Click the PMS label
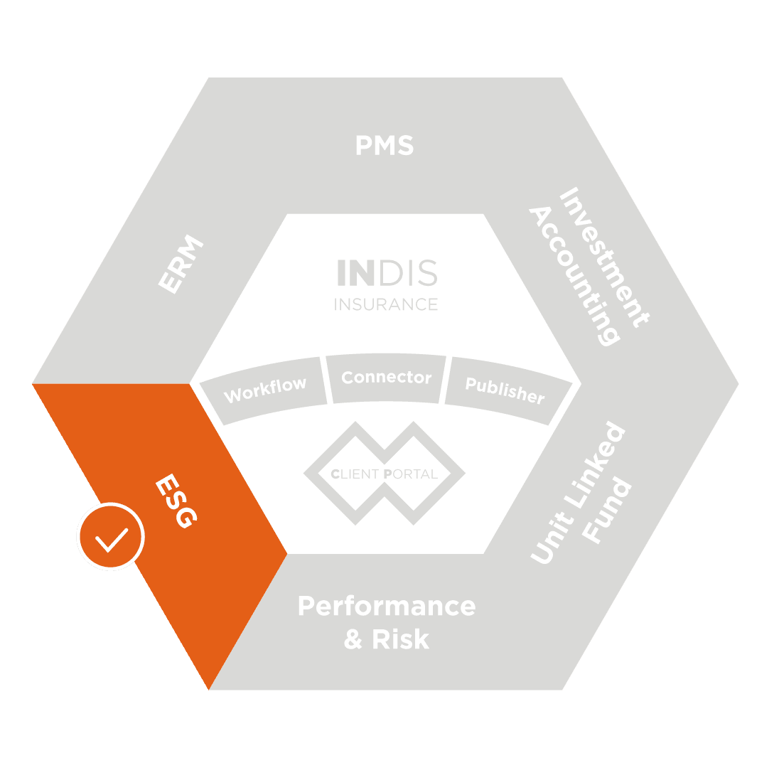point(385,145)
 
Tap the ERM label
point(181,264)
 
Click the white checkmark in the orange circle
point(112,540)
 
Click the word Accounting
point(574,277)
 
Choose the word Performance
point(387,606)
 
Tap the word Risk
point(401,639)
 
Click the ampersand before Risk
point(353,639)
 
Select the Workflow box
point(264,390)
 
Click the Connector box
point(386,378)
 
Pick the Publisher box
point(508,390)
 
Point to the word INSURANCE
point(386,304)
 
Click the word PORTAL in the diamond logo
point(411,474)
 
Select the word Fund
point(606,511)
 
